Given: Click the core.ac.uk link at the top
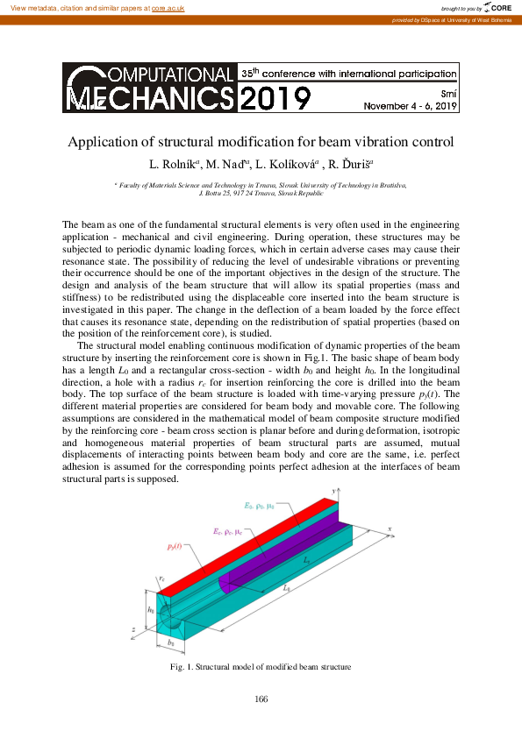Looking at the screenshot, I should point(167,7).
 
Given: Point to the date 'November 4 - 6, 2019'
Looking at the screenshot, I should point(411,107).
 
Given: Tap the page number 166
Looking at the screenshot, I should point(261,699).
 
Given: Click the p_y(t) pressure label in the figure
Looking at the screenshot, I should point(174,547).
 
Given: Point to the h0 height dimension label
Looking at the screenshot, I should point(152,609).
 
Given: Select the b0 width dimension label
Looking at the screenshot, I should point(170,642).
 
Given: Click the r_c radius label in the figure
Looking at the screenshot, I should point(162,579).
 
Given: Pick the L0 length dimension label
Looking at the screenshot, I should point(287,590).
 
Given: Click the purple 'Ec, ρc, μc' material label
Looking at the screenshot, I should point(230,532).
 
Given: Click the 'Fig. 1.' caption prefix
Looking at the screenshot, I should point(182,667).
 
